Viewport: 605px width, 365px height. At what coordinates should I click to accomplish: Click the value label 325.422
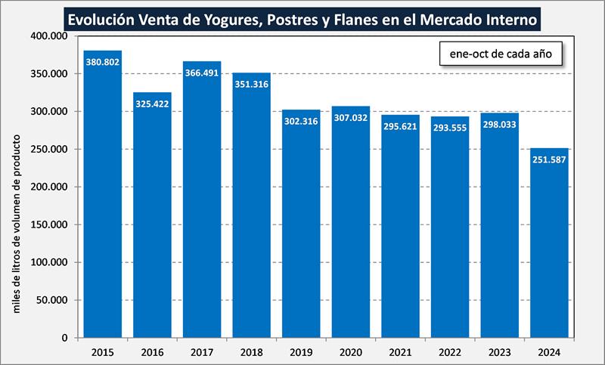152,104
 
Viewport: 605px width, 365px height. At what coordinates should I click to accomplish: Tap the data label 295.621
400,126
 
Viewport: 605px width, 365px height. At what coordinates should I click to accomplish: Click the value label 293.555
450,128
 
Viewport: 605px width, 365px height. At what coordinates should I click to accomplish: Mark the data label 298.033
499,124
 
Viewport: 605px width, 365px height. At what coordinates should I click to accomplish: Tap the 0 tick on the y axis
66,338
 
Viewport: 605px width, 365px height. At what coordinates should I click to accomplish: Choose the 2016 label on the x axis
152,351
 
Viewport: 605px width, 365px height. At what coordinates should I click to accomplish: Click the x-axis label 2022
450,351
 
